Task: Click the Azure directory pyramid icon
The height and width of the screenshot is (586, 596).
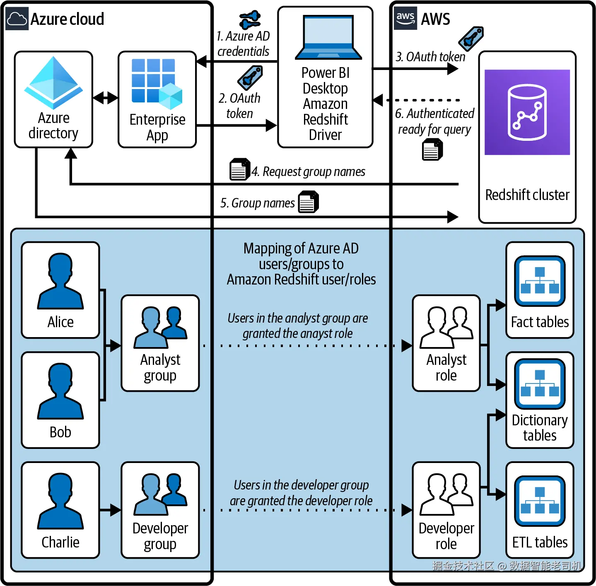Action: (53, 82)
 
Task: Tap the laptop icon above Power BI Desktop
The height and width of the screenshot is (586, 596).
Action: (328, 38)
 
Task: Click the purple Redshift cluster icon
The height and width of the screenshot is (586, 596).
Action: (527, 112)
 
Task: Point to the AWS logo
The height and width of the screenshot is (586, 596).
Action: (405, 18)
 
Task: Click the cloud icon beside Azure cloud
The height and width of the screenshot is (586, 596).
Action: (17, 19)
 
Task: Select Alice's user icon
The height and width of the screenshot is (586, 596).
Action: (60, 281)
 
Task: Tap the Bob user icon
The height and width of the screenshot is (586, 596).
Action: (60, 391)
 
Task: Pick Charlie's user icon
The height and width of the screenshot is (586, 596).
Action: (60, 502)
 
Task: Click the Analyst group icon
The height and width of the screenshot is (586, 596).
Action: (160, 327)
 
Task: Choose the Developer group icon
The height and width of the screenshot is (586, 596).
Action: (160, 494)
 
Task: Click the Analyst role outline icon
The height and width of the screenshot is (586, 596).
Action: (446, 327)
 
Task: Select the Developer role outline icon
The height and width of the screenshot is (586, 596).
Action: (446, 494)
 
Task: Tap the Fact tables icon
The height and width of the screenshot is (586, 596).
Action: (540, 281)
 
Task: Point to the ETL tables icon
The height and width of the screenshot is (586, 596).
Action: (540, 501)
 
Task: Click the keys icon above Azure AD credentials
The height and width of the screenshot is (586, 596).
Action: (250, 19)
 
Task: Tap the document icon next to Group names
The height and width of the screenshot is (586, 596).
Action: (308, 202)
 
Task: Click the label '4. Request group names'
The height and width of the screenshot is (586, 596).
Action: (309, 171)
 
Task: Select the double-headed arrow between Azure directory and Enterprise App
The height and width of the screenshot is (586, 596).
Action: (106, 98)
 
